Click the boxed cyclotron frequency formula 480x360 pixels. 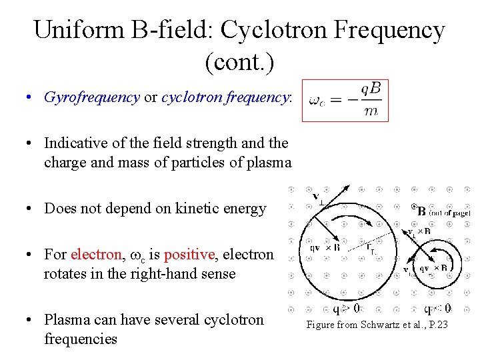tap(345, 101)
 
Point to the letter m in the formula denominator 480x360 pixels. tap(370, 112)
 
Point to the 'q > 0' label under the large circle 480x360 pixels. tap(347, 309)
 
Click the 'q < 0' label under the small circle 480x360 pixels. tap(439, 309)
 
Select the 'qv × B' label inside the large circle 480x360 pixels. tap(325, 246)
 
